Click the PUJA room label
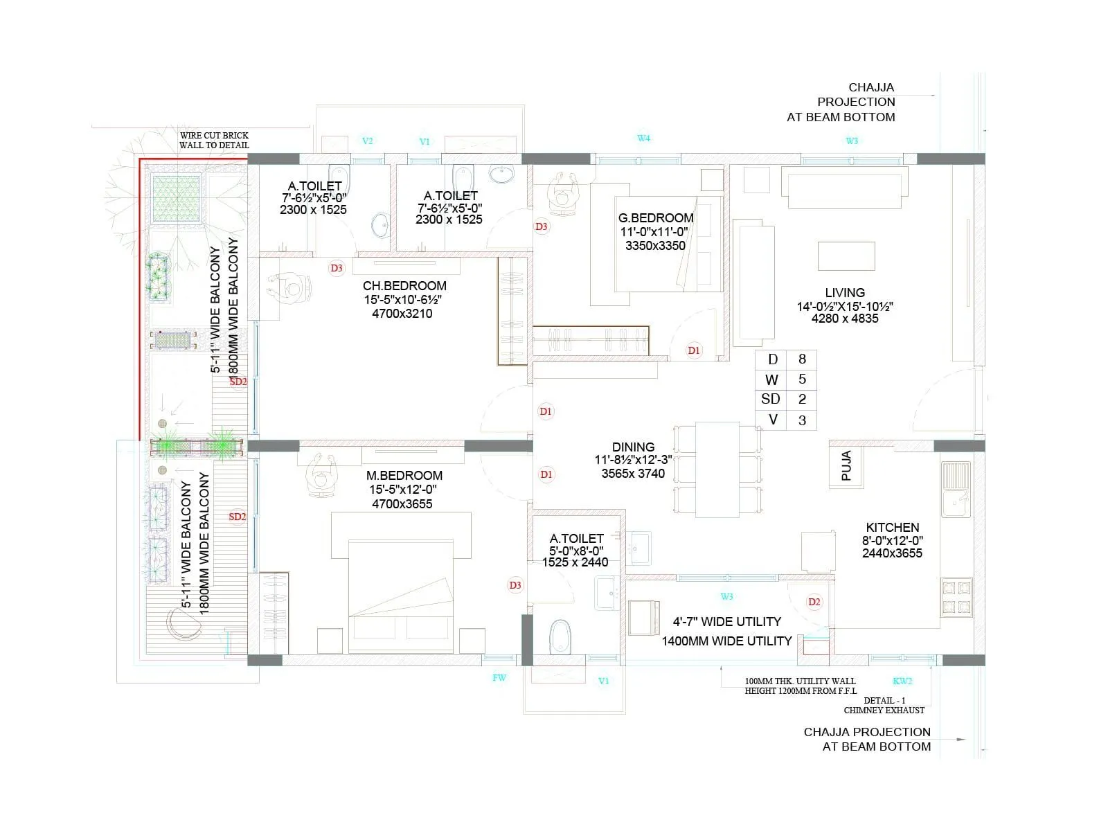pos(846,465)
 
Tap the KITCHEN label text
pos(892,527)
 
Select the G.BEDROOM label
pos(655,217)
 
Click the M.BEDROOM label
pos(404,475)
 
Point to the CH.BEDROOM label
pos(404,285)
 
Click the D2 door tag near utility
pos(814,602)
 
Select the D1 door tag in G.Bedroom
pos(694,350)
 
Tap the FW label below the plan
pos(499,677)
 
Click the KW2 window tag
pos(902,681)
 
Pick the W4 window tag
pos(643,138)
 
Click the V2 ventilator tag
pos(368,141)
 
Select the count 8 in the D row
pos(802,359)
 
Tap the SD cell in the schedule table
pos(770,399)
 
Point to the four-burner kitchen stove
pos(956,598)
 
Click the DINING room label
pos(633,447)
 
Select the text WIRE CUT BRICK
pos(214,136)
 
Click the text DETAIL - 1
pos(884,700)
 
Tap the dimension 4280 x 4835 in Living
pos(845,319)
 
